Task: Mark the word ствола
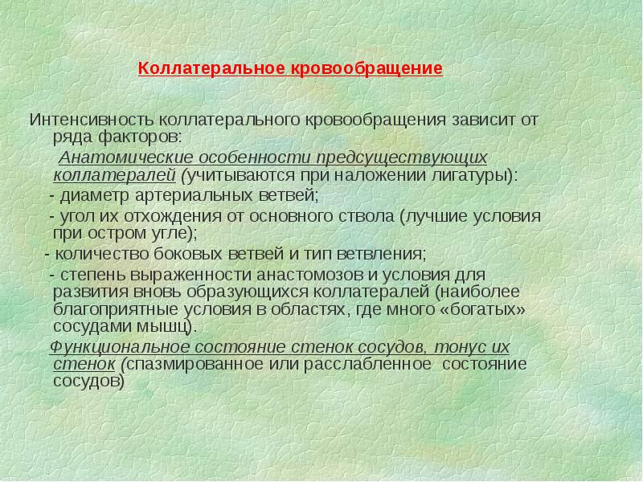(x=365, y=216)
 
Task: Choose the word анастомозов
(x=303, y=275)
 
